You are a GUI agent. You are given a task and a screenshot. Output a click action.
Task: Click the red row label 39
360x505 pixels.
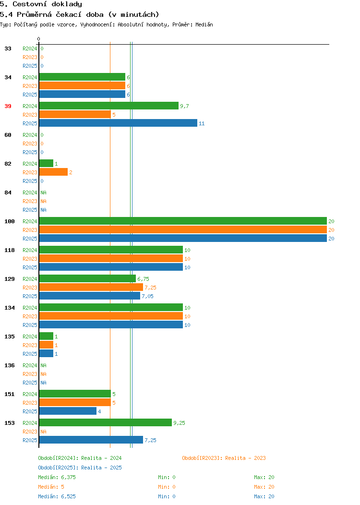click(8, 106)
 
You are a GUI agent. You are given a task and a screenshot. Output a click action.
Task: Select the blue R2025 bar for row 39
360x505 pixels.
click(118, 123)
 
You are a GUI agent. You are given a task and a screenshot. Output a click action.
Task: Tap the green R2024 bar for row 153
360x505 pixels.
click(105, 422)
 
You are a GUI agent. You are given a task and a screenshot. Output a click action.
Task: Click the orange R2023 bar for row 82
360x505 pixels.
click(53, 172)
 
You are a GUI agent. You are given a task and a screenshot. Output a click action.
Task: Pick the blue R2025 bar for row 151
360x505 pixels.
click(68, 411)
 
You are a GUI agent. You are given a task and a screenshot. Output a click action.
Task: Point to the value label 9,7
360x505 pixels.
click(184, 106)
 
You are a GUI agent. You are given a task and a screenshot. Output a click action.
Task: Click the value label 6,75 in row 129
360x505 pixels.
click(144, 279)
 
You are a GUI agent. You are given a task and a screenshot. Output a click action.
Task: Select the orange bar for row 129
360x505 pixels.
click(91, 287)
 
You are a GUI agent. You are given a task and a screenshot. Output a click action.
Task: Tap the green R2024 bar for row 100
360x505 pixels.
click(183, 221)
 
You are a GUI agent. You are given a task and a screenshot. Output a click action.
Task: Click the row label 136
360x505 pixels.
click(9, 365)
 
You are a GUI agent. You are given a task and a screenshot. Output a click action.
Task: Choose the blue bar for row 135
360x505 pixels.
click(47, 353)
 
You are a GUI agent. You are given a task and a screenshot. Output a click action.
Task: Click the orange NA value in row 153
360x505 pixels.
click(44, 432)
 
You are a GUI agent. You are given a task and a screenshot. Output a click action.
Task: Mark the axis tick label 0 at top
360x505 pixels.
click(39, 39)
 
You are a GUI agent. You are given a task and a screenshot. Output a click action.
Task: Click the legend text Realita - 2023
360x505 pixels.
click(245, 458)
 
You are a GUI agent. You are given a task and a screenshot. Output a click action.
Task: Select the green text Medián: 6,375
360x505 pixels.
click(57, 477)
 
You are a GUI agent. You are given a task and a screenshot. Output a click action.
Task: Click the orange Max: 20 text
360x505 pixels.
click(264, 487)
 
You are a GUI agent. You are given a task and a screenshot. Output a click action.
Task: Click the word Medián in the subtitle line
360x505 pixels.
click(204, 24)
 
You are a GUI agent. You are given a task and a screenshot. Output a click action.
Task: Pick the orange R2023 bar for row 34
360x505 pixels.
click(82, 85)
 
